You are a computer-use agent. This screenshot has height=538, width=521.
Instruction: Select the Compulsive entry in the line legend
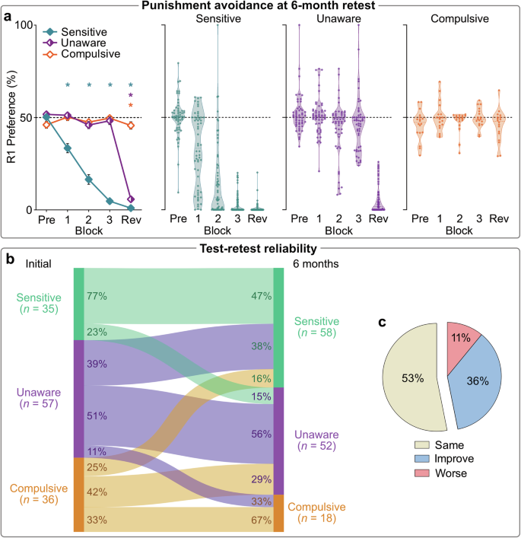(89, 56)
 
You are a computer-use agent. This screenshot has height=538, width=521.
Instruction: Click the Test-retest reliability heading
(260, 248)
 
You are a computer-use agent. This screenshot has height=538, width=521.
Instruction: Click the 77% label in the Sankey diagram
(97, 295)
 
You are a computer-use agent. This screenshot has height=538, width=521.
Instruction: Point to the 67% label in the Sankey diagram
(260, 519)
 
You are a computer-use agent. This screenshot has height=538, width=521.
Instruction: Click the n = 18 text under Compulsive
(316, 519)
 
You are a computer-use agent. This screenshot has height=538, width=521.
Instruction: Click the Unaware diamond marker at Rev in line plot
(131, 199)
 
